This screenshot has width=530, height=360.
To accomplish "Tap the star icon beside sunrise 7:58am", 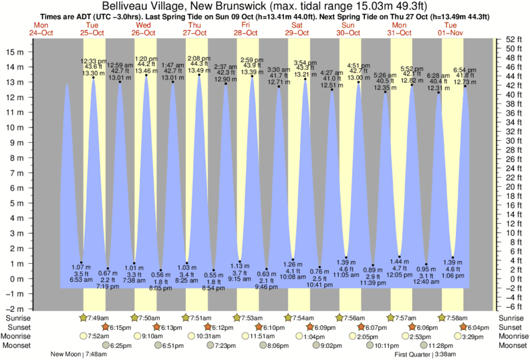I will point(442,317).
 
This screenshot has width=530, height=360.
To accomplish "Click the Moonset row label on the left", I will point(18,345).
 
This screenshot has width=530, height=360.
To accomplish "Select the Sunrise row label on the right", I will point(511,317).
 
